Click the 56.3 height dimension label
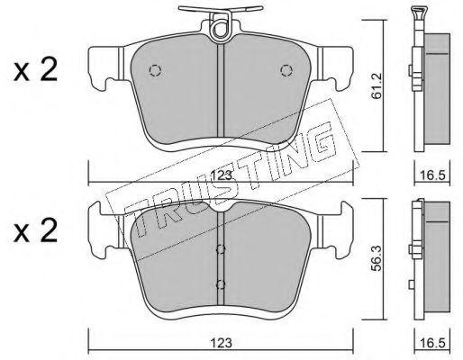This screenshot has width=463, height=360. [376, 258]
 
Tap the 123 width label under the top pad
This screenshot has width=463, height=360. [222, 175]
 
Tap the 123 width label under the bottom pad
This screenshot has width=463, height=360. [222, 343]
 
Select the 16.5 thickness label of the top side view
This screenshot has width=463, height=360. [432, 175]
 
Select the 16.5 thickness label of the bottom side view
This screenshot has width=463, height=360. [432, 343]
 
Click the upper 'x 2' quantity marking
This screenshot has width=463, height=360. [35, 70]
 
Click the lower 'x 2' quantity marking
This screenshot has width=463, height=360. [35, 230]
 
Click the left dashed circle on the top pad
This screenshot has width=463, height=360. [155, 70]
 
